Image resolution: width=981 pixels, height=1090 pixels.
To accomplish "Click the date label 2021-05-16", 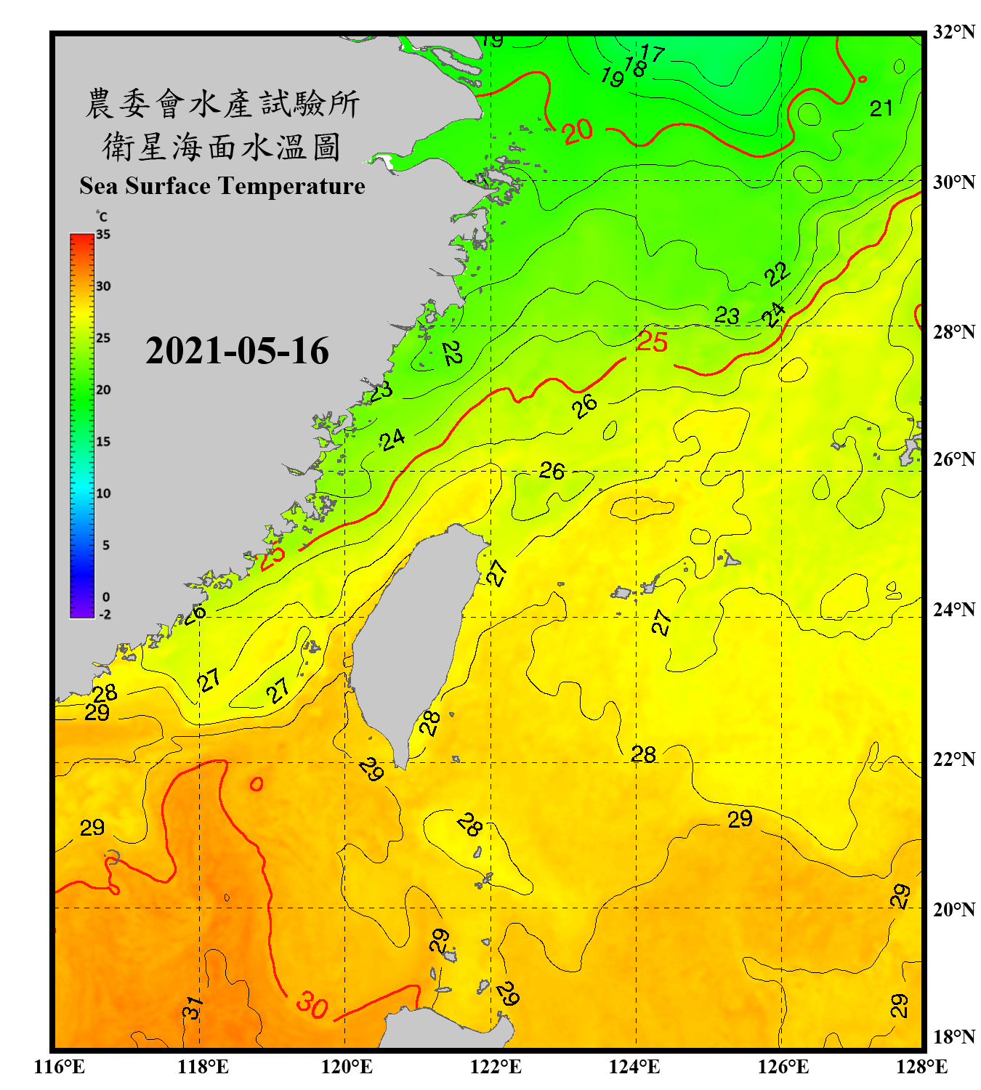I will pos(237,351).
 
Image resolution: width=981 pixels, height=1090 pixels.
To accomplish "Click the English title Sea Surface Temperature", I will pos(222,186).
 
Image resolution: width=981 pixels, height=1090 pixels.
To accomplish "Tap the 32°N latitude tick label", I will pos(953,32).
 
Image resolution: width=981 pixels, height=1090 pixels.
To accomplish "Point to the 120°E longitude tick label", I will pos(347,1067).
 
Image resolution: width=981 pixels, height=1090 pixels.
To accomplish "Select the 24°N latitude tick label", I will pos(953,609).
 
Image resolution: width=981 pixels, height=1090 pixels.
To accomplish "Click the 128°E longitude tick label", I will pos(921,1067).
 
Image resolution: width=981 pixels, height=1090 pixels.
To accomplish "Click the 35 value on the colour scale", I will pos(103,235).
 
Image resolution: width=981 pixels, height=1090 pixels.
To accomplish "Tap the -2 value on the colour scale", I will pos(105,615).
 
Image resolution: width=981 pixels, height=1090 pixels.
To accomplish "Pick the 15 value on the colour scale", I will pos(103,442).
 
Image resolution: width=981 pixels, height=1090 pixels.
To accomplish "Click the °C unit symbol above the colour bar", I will pos(102,217).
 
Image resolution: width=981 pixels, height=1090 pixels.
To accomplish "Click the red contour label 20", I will pos(578,132).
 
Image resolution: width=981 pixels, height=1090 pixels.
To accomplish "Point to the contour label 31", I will pos(193,1008).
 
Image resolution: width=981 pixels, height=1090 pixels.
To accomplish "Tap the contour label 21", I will pos(881,109).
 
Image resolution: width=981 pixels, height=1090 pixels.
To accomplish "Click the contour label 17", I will pos(653,53).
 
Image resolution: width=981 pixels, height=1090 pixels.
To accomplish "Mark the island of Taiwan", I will pos(414,632).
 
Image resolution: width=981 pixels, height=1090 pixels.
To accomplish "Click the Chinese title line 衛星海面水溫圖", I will pos(222,147).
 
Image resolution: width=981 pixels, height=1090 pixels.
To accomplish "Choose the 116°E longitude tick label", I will pos(60,1067).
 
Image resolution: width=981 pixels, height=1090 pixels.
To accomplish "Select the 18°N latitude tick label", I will pos(953,1036).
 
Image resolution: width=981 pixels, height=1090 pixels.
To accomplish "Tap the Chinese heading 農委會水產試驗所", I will pos(222,104).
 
